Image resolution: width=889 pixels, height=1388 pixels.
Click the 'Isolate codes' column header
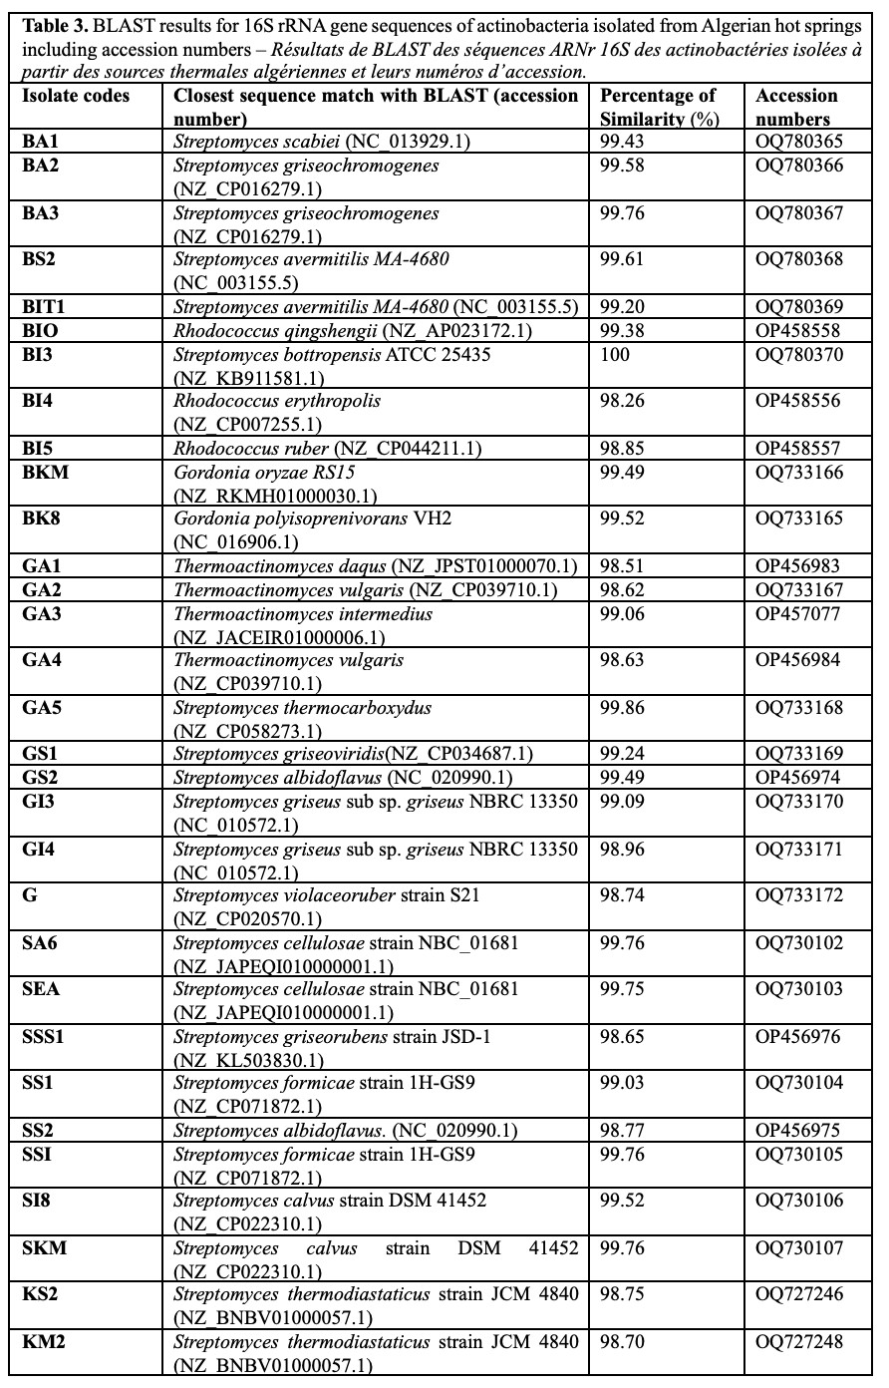tap(76, 96)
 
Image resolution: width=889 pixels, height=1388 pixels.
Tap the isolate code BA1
tap(41, 142)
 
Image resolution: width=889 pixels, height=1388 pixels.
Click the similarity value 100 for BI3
tap(615, 354)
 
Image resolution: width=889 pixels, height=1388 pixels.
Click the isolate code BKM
tap(46, 472)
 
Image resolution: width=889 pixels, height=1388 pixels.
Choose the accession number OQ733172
tap(798, 895)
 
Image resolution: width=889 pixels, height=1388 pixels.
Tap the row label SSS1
tap(43, 1037)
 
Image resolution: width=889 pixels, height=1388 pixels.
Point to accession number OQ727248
tap(798, 1342)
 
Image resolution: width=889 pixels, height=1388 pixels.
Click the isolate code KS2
tap(40, 1294)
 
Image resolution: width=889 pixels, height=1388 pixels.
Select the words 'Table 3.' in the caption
tap(57, 27)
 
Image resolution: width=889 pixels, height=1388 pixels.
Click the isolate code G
tap(30, 895)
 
